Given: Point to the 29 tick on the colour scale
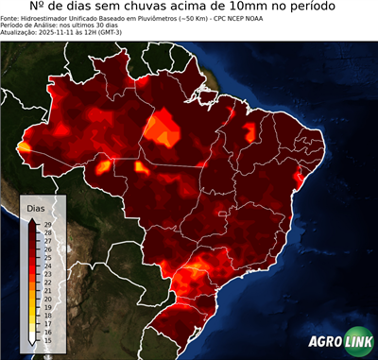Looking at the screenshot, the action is click(47, 224).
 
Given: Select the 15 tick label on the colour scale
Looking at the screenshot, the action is click(47, 339).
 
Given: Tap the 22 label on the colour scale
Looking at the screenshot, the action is click(47, 282).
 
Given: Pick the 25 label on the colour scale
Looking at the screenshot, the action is click(47, 257).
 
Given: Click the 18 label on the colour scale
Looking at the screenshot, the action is click(47, 315).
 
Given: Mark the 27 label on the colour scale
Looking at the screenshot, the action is click(47, 240).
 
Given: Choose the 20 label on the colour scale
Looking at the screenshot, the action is click(47, 299).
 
